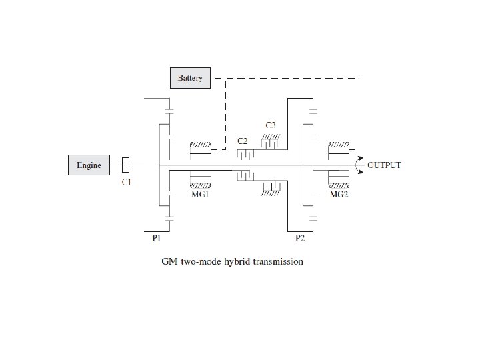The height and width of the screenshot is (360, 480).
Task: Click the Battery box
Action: point(190,78)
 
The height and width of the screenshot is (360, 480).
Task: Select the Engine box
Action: point(89,165)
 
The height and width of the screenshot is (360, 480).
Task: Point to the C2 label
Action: point(243,141)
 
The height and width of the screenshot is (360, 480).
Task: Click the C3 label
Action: point(271,125)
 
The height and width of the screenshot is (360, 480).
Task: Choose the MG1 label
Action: point(200,195)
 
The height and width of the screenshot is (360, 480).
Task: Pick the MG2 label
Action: point(339,195)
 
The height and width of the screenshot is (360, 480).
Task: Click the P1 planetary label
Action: point(157,237)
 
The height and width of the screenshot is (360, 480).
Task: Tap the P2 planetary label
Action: point(300,237)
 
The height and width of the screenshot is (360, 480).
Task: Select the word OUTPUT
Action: point(385,165)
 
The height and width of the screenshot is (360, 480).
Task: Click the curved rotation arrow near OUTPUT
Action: point(361,165)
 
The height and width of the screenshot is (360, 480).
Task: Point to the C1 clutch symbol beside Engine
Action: point(128,164)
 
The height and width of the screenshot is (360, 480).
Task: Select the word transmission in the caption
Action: point(279,261)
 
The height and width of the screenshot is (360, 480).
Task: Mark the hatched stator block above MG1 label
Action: point(201,181)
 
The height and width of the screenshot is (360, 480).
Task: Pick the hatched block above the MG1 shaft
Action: point(201,145)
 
